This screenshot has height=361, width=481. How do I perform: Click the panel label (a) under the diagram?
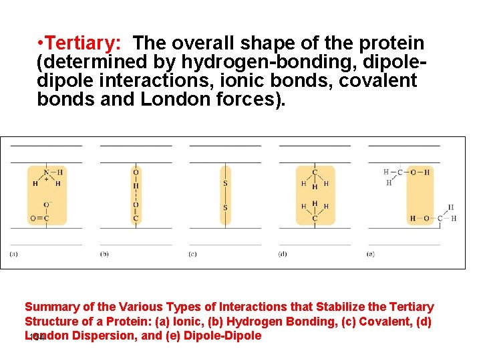(x=14, y=254)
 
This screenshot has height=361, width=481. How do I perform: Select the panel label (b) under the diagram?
(x=104, y=254)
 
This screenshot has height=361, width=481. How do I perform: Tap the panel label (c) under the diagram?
(x=192, y=254)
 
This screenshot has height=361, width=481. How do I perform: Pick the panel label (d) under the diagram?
(x=283, y=254)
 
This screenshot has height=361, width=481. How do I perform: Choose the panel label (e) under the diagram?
(x=371, y=254)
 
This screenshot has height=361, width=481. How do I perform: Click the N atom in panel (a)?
(x=46, y=172)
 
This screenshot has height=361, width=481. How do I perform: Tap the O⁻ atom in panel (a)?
(x=47, y=205)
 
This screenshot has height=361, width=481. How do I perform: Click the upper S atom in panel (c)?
(x=225, y=183)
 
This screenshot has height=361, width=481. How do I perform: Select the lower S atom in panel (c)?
(x=225, y=207)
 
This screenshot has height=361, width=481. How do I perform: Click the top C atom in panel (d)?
(x=315, y=172)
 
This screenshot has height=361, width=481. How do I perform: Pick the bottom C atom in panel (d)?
(x=315, y=218)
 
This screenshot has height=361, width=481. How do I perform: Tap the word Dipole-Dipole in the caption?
(x=223, y=336)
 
